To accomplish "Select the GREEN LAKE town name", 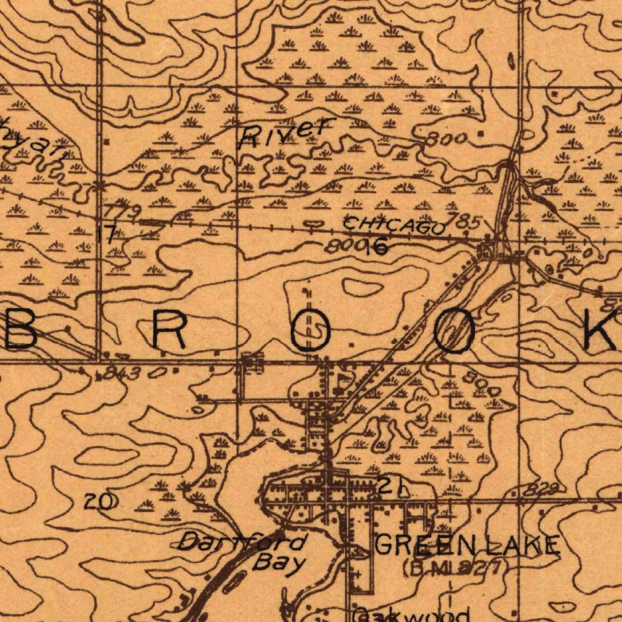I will [466, 545].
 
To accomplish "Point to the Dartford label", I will [244, 541].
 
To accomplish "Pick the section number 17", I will [108, 234].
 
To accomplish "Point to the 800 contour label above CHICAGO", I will [446, 139].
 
